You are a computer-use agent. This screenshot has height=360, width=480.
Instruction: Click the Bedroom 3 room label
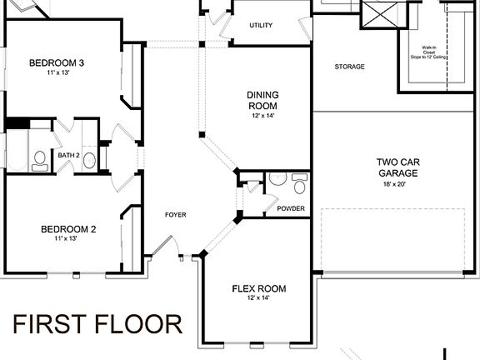pyautogui.click(x=57, y=62)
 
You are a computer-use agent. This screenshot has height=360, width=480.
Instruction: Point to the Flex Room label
pyautogui.click(x=258, y=289)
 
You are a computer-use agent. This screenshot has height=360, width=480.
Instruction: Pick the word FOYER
pyautogui.click(x=175, y=215)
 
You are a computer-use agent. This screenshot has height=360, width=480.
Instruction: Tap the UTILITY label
pyautogui.click(x=261, y=25)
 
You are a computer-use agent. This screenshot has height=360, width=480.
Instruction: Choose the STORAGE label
pyautogui.click(x=350, y=67)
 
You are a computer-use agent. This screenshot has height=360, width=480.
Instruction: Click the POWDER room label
pyautogui.click(x=291, y=208)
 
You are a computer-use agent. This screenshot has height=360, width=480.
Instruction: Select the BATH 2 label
pyautogui.click(x=68, y=156)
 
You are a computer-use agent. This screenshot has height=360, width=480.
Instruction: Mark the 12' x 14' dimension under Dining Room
pyautogui.click(x=261, y=116)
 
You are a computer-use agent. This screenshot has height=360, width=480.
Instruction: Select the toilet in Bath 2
pyautogui.click(x=38, y=158)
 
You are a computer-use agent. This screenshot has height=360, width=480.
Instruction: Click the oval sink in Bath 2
pyautogui.click(x=90, y=158)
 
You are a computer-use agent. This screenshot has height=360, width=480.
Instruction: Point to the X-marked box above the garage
pyautogui.click(x=377, y=15)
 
